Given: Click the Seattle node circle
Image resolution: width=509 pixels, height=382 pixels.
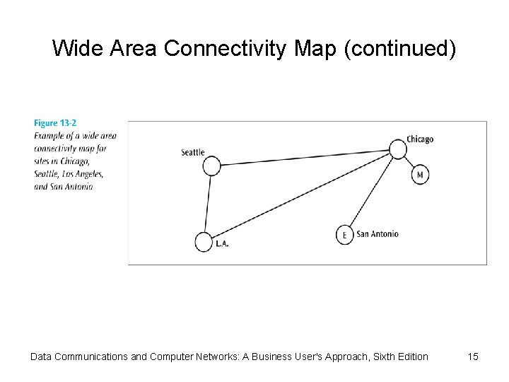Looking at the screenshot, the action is (x=211, y=166).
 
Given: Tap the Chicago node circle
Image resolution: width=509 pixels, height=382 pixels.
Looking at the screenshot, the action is (x=398, y=149).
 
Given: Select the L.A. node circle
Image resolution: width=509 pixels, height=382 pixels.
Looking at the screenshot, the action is (x=204, y=241).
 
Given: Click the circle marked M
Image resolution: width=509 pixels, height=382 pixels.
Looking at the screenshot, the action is (x=420, y=175).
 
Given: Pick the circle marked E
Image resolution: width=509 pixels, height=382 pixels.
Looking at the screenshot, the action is (x=344, y=235).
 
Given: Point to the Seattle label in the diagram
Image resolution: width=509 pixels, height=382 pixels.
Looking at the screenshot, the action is (x=192, y=152).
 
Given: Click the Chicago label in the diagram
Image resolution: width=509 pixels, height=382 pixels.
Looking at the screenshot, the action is (x=420, y=139).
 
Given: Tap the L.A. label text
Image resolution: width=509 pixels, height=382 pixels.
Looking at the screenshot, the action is (x=222, y=244).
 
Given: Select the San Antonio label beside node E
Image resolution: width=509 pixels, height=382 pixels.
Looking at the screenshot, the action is (x=378, y=234).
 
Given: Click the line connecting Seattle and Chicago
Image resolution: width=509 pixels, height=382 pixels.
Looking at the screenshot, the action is (x=304, y=157).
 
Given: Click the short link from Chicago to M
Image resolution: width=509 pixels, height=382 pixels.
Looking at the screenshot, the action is (x=409, y=162).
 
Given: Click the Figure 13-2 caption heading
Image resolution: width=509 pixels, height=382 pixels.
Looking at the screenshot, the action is (x=55, y=124).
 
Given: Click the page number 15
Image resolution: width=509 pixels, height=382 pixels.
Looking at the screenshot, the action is (x=473, y=357).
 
